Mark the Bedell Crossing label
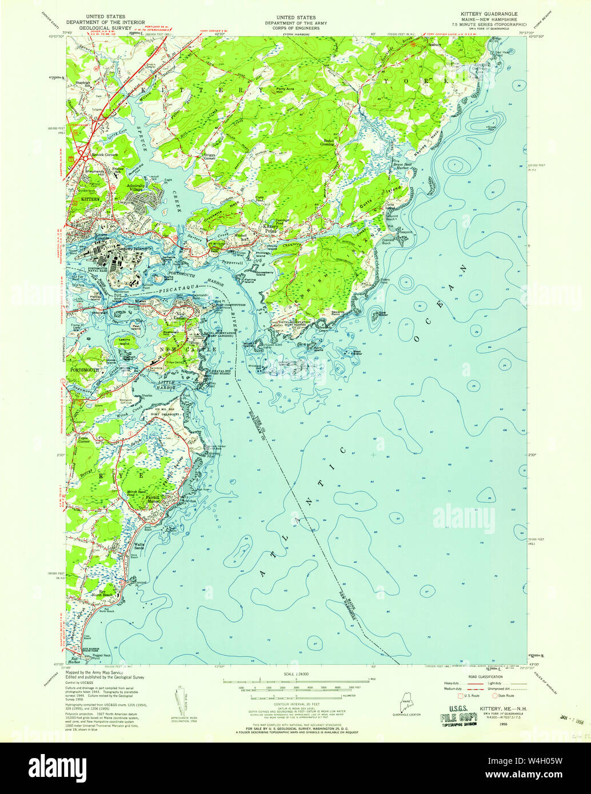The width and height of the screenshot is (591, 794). click(329, 141)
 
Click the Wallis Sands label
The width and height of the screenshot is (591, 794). click(141, 547)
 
